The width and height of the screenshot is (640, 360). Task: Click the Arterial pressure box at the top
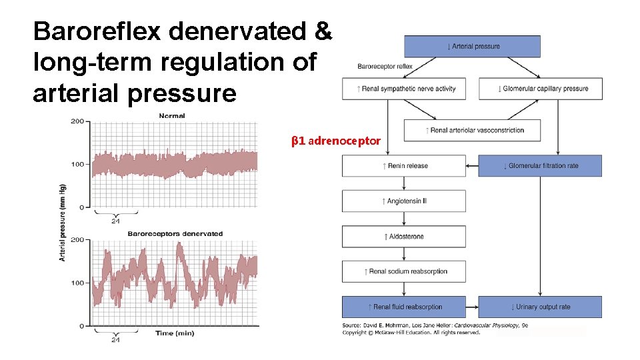click(472, 47)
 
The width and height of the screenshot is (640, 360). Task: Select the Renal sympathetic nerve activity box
click(407, 89)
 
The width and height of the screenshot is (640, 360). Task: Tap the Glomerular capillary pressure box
click(540, 89)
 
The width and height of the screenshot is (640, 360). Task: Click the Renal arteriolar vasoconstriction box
click(472, 131)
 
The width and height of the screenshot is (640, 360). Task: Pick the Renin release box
click(404, 166)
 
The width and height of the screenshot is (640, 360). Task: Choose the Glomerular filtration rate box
click(540, 166)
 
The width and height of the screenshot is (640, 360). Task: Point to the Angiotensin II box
click(404, 201)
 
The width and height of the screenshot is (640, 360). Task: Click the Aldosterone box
click(404, 237)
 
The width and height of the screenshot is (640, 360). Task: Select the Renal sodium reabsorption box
click(404, 271)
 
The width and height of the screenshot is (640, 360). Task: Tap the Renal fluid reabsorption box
click(404, 307)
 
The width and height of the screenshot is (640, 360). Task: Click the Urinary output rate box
click(540, 307)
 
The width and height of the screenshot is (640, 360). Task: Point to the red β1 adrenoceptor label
click(336, 141)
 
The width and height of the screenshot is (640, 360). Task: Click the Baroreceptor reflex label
click(385, 67)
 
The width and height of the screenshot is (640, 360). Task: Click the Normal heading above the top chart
click(172, 116)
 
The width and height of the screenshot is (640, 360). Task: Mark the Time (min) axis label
click(174, 333)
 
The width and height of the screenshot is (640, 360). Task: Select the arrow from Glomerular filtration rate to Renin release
click(472, 166)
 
